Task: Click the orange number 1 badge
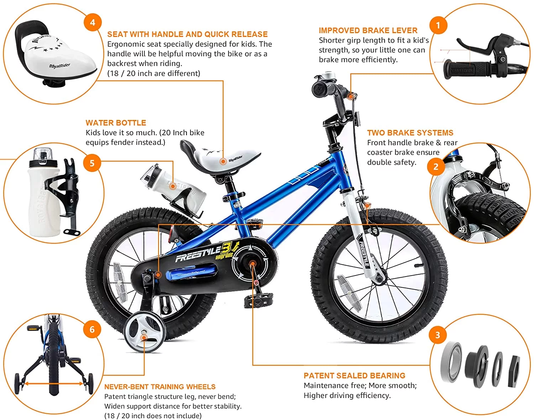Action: click(x=438, y=25)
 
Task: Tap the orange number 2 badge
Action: click(x=436, y=167)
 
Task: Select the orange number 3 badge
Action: click(x=438, y=335)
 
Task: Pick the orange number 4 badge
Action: click(x=93, y=22)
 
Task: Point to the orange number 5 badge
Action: click(x=92, y=163)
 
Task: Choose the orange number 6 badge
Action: click(x=92, y=329)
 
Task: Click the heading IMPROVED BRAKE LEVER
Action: click(x=368, y=31)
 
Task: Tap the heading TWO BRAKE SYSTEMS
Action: click(x=410, y=133)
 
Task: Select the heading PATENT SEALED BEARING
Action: click(x=354, y=376)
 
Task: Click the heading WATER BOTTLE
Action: click(x=116, y=123)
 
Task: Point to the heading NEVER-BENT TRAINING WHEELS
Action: click(x=160, y=387)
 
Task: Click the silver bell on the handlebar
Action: click(x=326, y=76)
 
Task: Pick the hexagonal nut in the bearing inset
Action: click(x=514, y=371)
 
